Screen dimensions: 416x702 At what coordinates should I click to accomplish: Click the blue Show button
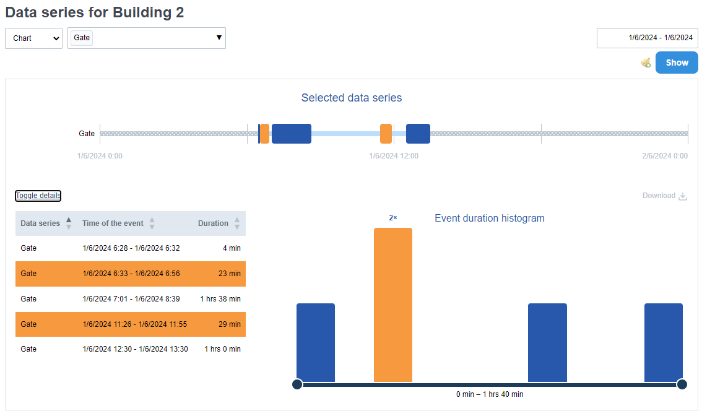click(x=677, y=63)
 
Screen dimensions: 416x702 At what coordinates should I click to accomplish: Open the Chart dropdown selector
click(x=33, y=38)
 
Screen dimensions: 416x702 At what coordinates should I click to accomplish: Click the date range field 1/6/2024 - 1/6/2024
click(x=647, y=38)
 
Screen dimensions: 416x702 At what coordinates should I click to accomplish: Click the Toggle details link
click(x=38, y=196)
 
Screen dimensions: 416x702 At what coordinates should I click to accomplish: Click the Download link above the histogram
click(x=664, y=196)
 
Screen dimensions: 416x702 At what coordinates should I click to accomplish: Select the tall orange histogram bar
click(x=393, y=305)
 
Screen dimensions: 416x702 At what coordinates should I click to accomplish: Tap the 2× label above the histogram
click(x=393, y=218)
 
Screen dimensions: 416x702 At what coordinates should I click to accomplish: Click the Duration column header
click(x=213, y=223)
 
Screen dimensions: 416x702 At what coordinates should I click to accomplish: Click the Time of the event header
click(x=113, y=223)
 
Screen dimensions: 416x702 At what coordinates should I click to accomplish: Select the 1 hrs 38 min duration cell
click(x=220, y=299)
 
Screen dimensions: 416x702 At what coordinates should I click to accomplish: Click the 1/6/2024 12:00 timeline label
click(x=394, y=156)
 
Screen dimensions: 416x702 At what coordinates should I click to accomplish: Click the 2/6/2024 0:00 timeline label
click(x=665, y=156)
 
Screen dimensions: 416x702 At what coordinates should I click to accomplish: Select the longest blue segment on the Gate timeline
click(x=291, y=134)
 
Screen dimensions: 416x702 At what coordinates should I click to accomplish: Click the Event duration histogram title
click(x=490, y=218)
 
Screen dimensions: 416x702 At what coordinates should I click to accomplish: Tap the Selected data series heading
click(x=352, y=98)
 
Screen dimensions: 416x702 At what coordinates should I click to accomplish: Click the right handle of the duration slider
click(x=682, y=384)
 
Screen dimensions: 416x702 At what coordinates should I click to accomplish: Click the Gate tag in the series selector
click(x=82, y=38)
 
